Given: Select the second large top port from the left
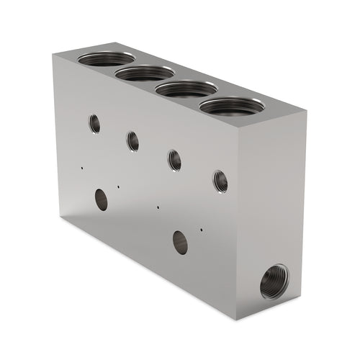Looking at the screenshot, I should coord(145,73).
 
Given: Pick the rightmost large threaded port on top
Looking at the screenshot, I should coord(231,107).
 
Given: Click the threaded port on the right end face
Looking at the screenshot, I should coord(274,281).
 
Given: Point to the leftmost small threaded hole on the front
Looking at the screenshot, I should coord(94,123).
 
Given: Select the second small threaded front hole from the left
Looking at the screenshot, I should coord(133,140).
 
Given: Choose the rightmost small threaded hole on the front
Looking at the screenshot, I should coord(220,181).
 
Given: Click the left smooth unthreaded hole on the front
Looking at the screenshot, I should coord(102,199).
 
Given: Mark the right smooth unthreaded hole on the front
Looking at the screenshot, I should coord(180,242).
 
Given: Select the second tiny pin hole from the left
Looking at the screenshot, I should coord(118,185).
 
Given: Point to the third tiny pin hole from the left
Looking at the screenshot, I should coord(158,206).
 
